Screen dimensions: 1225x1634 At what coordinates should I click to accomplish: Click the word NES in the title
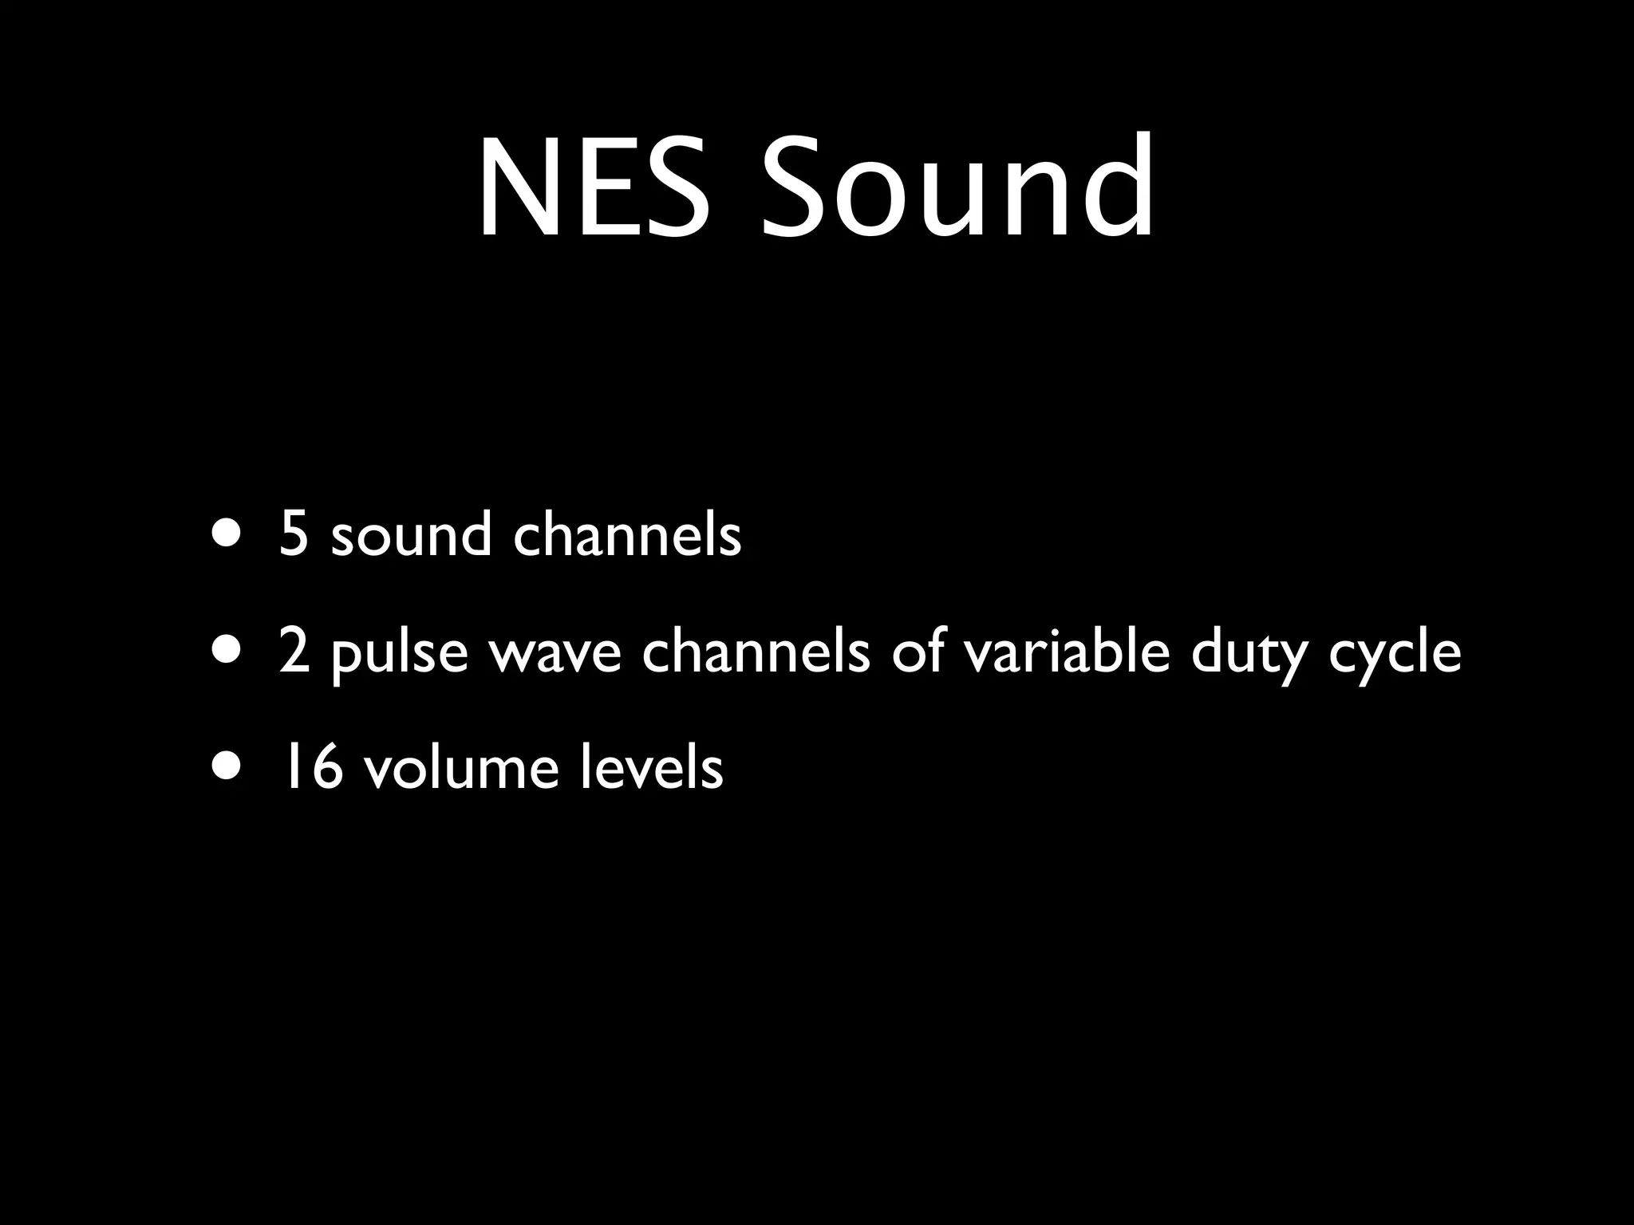click(x=594, y=188)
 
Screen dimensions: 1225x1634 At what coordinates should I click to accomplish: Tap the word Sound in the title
click(x=958, y=188)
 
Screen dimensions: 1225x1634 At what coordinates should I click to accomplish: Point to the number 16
click(x=309, y=768)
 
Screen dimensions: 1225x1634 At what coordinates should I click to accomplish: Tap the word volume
click(x=461, y=768)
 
